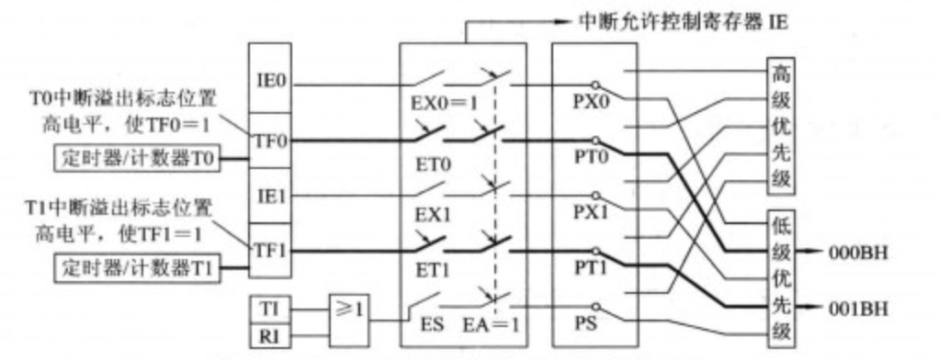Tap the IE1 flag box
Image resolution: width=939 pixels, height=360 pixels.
[x=271, y=197]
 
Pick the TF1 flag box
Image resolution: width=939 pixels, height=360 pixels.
[x=271, y=249]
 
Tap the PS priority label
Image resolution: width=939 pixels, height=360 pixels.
[x=586, y=324]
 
